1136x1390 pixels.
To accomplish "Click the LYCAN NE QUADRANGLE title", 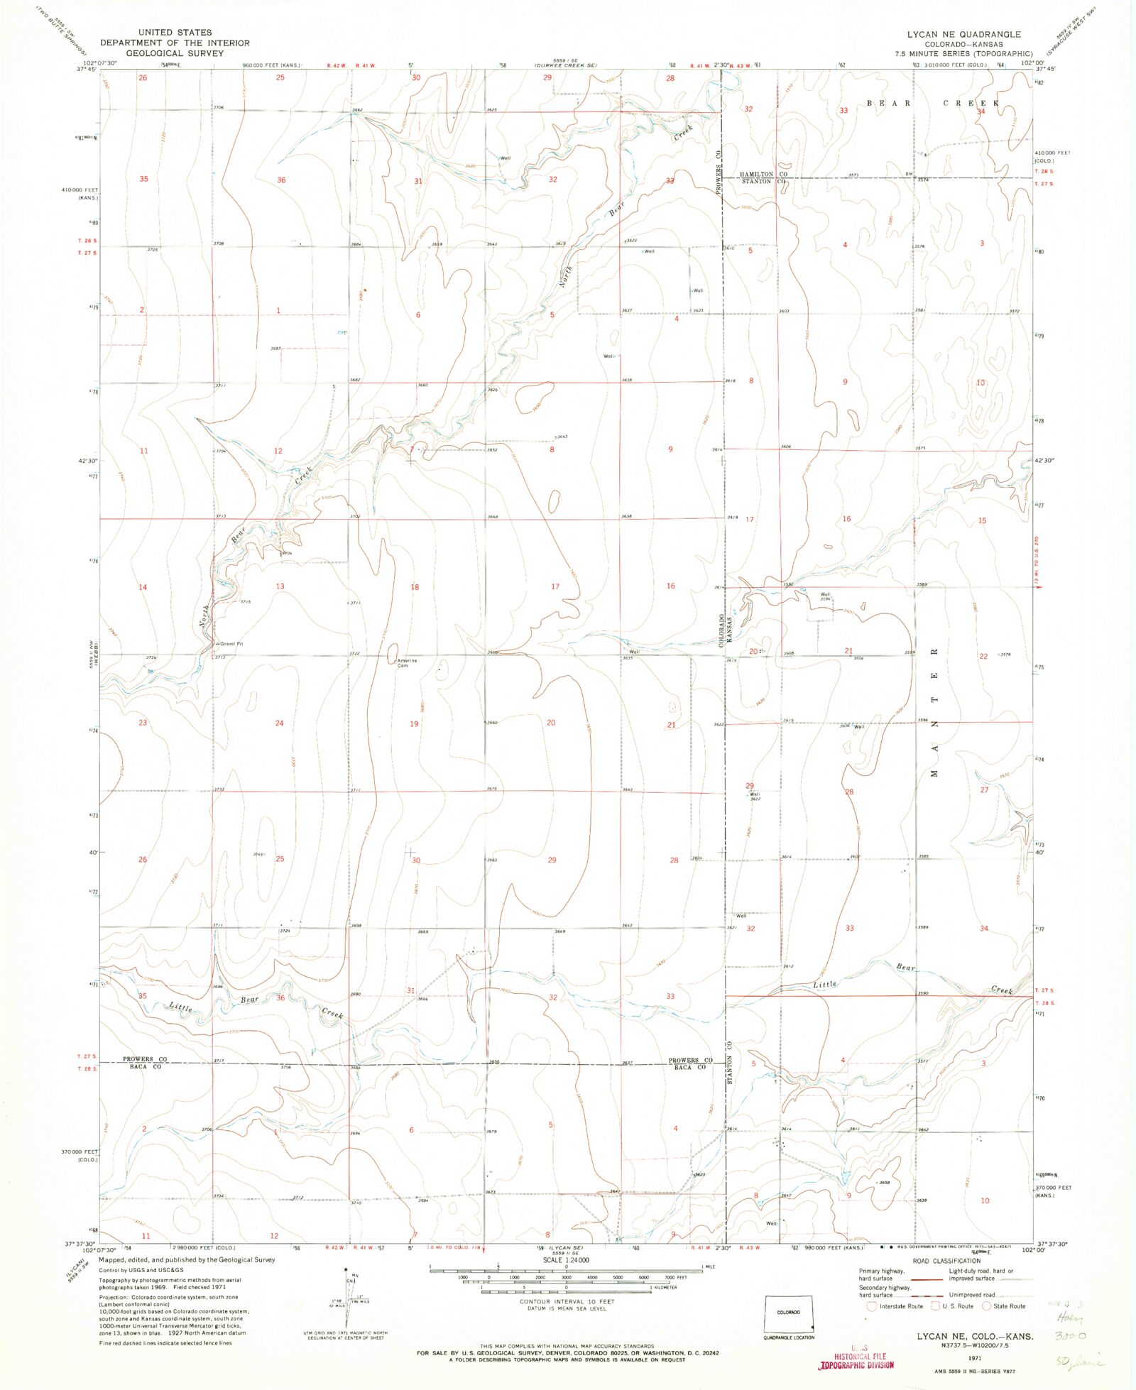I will (963, 34).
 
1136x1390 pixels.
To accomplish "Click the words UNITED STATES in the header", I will (175, 32).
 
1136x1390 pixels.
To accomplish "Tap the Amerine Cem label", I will (406, 663).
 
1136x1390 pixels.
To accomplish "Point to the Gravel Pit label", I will (231, 643).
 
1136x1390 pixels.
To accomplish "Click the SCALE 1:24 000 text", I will (566, 1260).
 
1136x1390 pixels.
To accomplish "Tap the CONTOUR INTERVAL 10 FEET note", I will (567, 1301).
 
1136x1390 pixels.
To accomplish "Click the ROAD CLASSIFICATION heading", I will (946, 1261).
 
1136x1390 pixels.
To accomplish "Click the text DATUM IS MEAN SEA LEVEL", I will (567, 1308).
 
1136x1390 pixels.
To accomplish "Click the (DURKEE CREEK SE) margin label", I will (565, 65).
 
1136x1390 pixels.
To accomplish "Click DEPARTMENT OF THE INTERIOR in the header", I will (175, 43).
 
